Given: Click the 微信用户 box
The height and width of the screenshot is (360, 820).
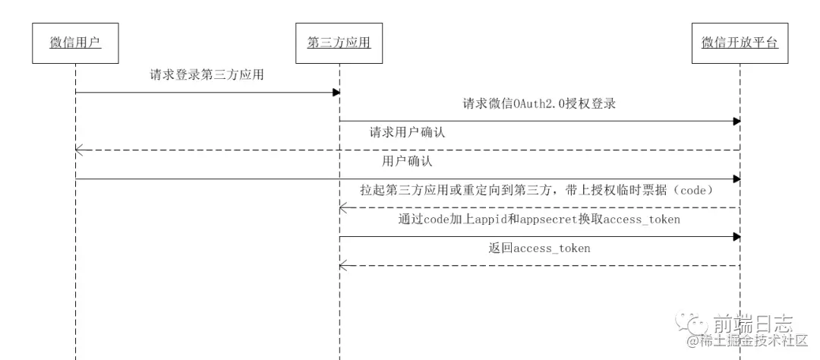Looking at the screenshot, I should pos(75,44).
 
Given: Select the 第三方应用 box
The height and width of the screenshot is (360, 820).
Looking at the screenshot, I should pos(339,44).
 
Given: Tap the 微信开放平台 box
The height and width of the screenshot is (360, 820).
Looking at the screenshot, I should pos(740,44).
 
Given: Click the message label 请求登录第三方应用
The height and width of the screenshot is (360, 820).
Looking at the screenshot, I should pos(207,75).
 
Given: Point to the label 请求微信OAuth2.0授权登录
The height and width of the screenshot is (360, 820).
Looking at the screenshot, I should pos(538,104).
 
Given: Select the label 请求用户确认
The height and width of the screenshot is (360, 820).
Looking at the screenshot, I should pos(407,132).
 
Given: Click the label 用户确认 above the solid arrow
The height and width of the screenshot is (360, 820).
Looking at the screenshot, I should pos(408,162).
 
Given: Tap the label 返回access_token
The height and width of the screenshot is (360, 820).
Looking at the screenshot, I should pos(539,248).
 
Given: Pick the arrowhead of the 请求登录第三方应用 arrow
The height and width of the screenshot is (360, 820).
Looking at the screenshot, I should pos(336,93).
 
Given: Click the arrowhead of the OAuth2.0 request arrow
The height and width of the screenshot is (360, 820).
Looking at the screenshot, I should pos(736,122).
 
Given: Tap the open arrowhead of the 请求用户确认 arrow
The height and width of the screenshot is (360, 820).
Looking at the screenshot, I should pos(79,150).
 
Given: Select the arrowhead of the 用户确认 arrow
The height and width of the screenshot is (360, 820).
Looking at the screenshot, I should pos(736,179).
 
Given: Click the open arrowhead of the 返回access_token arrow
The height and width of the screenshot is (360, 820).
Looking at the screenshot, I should pos(343,266).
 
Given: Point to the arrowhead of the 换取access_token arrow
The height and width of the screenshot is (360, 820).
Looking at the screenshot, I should pos(736,237).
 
